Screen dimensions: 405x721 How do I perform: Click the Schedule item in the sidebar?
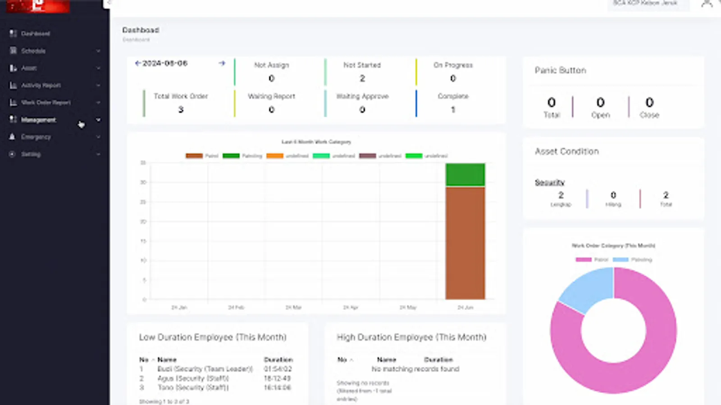tap(33, 51)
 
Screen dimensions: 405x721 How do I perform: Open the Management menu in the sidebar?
tap(38, 120)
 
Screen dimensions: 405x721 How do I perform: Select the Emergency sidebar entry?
tap(36, 137)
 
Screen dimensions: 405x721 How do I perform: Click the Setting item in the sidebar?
tap(31, 154)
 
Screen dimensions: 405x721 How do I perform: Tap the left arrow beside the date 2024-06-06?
tap(138, 63)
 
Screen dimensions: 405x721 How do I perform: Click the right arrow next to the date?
tap(222, 63)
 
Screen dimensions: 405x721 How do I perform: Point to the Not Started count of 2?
tap(362, 78)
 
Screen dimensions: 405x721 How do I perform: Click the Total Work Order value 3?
tap(181, 109)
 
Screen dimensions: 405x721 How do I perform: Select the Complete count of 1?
tap(453, 109)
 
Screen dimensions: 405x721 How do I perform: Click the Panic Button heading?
tap(560, 70)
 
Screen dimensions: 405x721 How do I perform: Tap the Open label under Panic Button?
tap(600, 115)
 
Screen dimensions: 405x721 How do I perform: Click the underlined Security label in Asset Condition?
tap(549, 182)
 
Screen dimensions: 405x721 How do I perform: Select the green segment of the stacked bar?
tap(465, 175)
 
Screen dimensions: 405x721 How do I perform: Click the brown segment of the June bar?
tap(465, 243)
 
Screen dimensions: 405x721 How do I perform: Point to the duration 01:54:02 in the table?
tap(278, 369)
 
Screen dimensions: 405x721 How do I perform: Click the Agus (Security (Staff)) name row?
tap(193, 378)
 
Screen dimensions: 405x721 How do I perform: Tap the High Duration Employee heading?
tap(411, 337)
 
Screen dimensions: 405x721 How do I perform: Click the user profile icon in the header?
tap(707, 4)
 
